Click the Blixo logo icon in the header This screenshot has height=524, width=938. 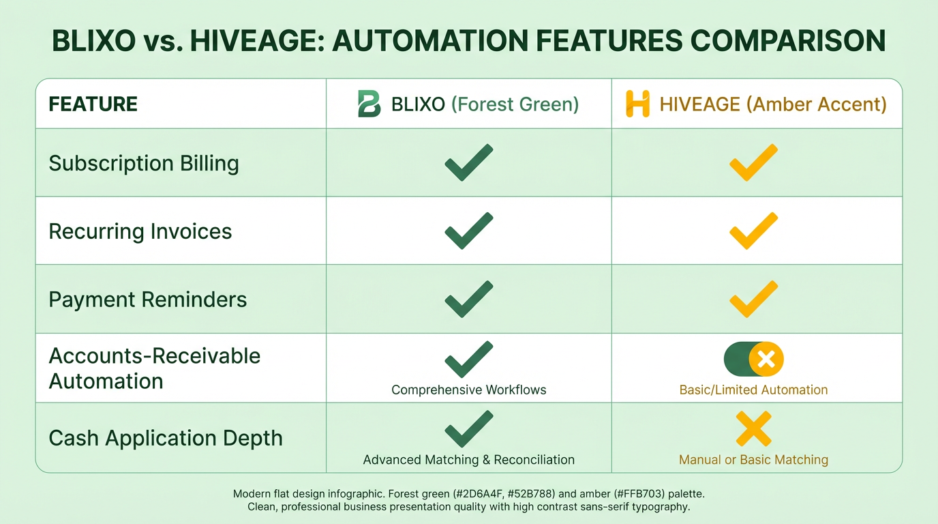(369, 104)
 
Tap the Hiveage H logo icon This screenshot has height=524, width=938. (637, 104)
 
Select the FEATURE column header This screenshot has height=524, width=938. (93, 104)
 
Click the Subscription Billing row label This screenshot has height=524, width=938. (144, 163)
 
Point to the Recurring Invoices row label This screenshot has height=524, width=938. (140, 231)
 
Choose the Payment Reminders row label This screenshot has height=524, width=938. (148, 300)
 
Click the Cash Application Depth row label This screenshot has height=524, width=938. (166, 438)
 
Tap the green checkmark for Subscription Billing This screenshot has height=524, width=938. (468, 162)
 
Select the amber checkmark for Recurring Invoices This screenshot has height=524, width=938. (753, 231)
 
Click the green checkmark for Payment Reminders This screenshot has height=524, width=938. (468, 299)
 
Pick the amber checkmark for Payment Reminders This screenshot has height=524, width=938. (753, 299)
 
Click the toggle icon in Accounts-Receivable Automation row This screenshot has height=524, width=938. (753, 359)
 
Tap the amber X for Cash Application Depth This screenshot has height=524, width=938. (753, 428)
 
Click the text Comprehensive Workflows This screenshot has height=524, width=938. (469, 390)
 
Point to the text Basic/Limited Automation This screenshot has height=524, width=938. (753, 390)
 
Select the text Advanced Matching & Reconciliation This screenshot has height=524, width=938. (469, 460)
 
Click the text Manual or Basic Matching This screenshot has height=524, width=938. (753, 460)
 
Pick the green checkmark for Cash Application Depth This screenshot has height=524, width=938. (468, 428)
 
